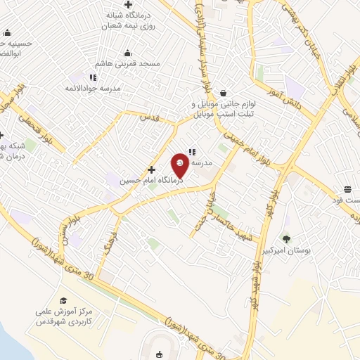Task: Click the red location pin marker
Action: click(181, 166)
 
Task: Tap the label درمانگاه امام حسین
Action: click(151, 181)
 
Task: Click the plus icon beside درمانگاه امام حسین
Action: click(152, 169)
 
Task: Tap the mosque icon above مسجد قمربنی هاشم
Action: click(127, 53)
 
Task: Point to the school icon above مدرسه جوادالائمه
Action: click(93, 77)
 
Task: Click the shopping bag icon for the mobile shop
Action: click(223, 93)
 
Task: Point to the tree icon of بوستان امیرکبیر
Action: click(285, 238)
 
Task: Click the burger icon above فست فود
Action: click(347, 188)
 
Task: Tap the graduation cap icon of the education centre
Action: click(63, 301)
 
